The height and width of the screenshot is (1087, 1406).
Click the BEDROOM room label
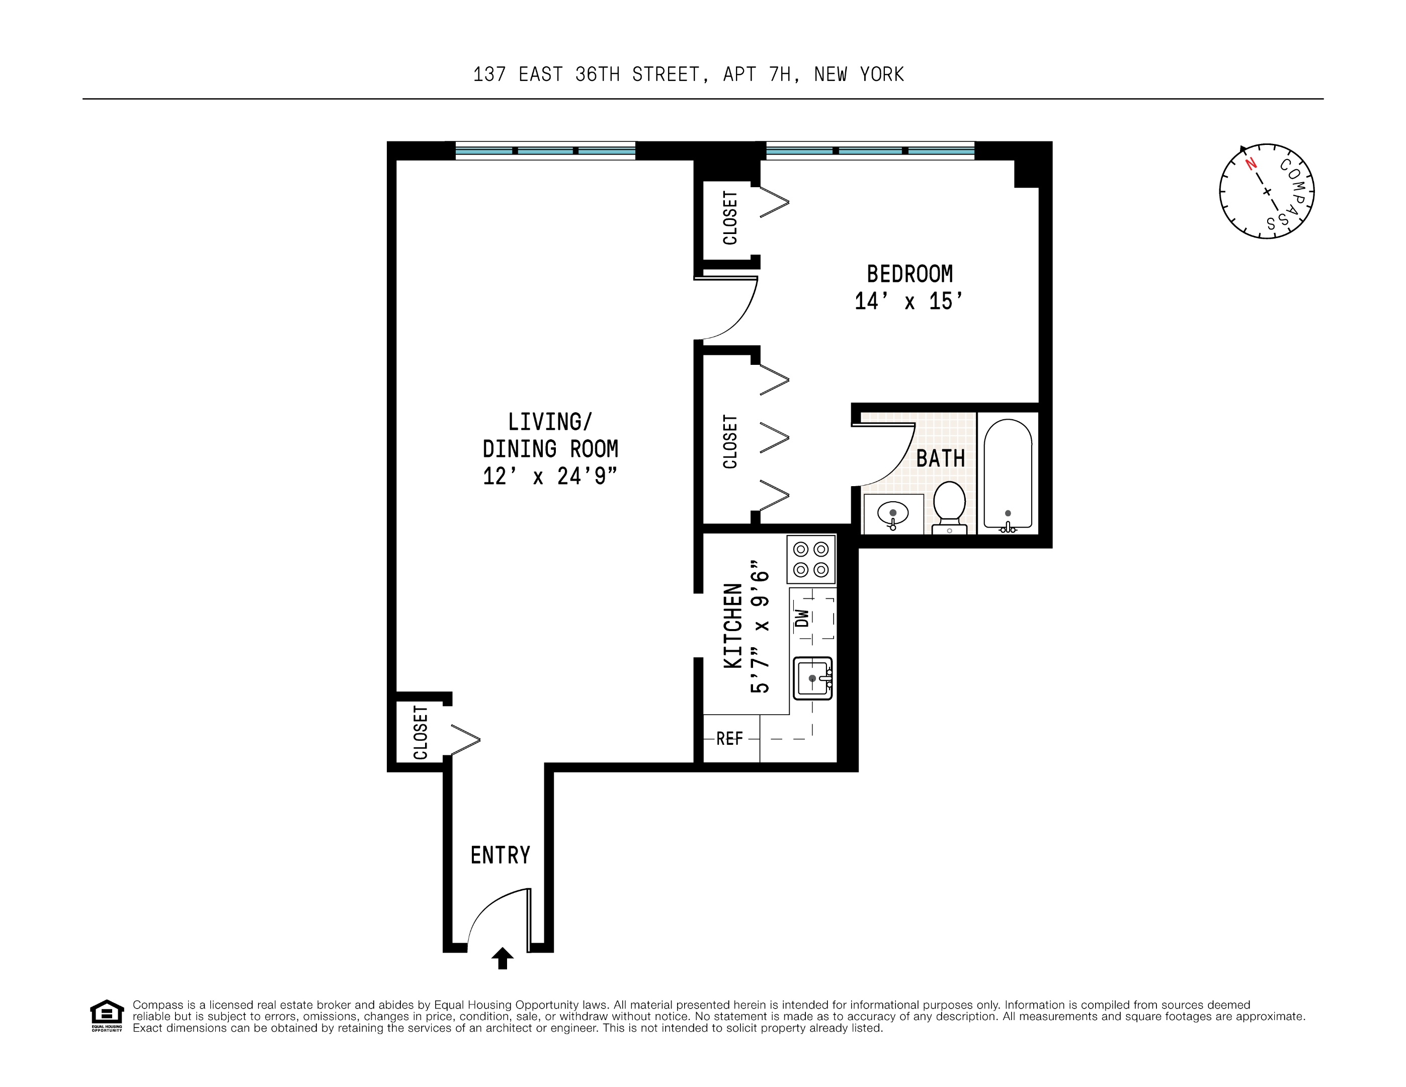click(909, 274)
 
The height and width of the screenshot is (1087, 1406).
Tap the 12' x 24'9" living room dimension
click(550, 477)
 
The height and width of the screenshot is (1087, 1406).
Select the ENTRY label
click(500, 855)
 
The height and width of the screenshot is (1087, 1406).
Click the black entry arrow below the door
click(502, 958)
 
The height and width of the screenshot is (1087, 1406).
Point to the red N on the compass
click(1251, 164)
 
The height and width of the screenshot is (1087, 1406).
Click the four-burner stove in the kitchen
click(810, 560)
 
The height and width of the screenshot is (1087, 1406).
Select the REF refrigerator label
click(729, 739)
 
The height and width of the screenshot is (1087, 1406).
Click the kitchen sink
click(812, 678)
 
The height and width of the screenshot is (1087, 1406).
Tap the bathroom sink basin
click(892, 514)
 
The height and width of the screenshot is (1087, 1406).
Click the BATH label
click(940, 458)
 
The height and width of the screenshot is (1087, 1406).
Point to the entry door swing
click(495, 914)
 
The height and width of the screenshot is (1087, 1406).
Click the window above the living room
click(545, 150)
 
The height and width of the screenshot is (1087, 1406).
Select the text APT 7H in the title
click(757, 74)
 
